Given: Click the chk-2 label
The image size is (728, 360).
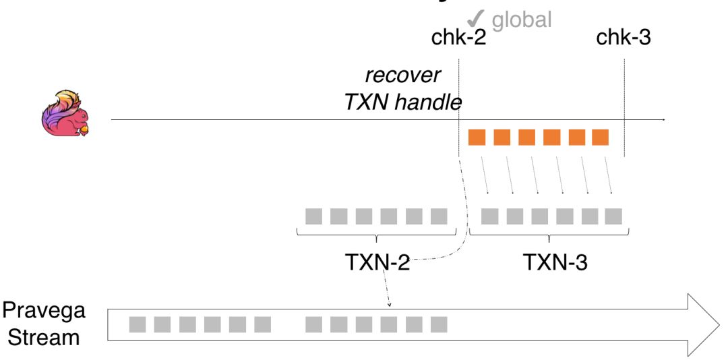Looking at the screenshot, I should [x=458, y=39].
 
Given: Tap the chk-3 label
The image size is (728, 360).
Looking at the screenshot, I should [x=624, y=39].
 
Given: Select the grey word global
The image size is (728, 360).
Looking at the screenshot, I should [x=522, y=19].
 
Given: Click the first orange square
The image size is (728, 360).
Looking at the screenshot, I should [x=477, y=137].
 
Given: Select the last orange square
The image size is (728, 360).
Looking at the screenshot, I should [x=600, y=137].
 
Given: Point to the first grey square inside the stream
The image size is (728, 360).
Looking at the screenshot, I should [x=138, y=325].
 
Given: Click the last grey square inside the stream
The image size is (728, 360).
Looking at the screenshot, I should [x=439, y=325].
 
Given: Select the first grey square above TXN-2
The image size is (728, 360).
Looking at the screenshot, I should [x=313, y=216].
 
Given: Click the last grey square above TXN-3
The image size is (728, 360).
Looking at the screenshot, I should [x=613, y=216].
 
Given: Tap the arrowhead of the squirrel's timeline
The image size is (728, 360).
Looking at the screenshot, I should [x=663, y=120].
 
